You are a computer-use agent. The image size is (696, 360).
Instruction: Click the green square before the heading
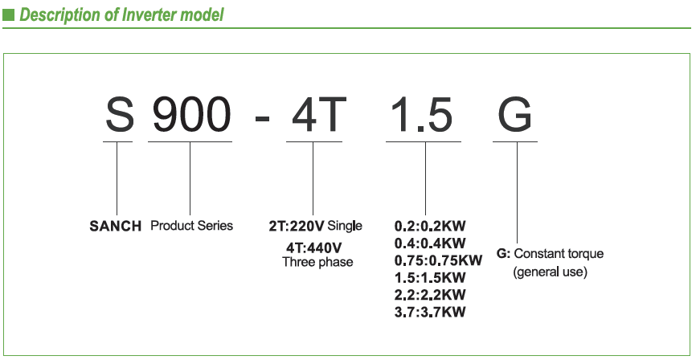[8, 15]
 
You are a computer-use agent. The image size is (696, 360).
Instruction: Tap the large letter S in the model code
[119, 115]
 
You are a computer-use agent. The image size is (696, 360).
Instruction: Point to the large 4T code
[319, 115]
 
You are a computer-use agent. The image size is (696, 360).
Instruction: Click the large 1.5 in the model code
[423, 115]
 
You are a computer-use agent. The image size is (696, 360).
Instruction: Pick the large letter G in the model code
[515, 115]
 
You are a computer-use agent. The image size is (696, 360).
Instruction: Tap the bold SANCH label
[116, 227]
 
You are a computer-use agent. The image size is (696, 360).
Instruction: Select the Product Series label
[192, 226]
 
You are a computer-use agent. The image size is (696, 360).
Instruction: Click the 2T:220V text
[297, 227]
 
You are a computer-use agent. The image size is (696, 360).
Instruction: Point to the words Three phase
[317, 262]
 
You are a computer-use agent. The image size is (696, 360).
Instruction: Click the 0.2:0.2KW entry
[430, 227]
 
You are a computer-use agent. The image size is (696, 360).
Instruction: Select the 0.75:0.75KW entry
[438, 260]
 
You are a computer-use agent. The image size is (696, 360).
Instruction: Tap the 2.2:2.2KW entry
[430, 295]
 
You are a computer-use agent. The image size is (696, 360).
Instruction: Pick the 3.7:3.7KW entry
[430, 312]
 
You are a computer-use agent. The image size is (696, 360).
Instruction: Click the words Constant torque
[559, 255]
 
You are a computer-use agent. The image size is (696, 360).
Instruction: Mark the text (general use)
[551, 272]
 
